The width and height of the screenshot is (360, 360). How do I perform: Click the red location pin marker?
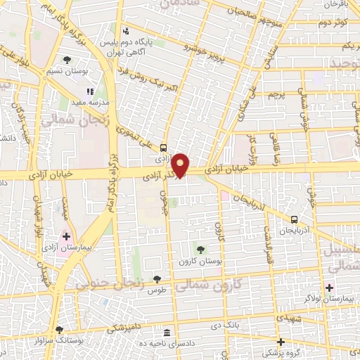tap(181, 165)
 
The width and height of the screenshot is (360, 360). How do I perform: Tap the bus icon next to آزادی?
tap(164, 148)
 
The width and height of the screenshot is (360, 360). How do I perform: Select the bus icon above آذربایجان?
tap(294, 219)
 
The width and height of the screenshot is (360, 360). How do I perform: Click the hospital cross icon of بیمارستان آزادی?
tap(67, 236)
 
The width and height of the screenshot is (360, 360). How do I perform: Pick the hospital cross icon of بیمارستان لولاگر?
tap(329, 287)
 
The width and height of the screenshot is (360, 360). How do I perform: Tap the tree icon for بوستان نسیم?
tap(67, 60)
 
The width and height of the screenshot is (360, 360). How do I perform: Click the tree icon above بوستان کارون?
tap(200, 249)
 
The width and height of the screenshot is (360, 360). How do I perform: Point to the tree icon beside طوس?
tap(157, 280)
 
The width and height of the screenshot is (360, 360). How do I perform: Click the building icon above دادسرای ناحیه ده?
tap(167, 332)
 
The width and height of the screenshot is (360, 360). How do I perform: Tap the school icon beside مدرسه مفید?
tap(89, 91)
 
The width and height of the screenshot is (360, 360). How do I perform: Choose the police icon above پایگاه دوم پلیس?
tap(126, 31)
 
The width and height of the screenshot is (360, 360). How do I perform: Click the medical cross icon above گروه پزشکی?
tap(281, 341)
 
